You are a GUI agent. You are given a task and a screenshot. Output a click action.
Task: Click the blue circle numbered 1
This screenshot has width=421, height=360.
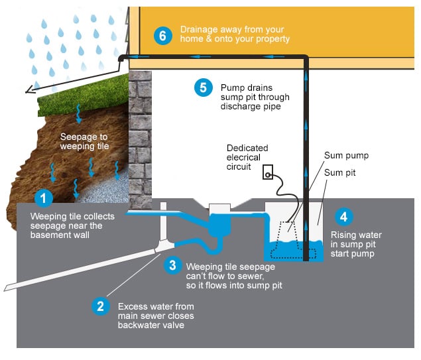(44, 198)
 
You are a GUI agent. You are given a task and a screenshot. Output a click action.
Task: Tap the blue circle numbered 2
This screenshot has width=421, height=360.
(100, 306)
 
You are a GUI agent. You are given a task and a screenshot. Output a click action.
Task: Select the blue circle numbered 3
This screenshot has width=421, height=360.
(172, 265)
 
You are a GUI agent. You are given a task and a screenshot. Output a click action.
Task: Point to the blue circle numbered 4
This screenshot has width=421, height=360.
(343, 217)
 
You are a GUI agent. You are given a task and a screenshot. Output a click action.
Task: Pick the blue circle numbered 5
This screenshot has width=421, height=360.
(204, 88)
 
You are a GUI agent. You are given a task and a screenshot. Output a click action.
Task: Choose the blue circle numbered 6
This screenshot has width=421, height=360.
(163, 35)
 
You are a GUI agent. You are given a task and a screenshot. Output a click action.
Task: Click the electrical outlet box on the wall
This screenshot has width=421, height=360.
(268, 172)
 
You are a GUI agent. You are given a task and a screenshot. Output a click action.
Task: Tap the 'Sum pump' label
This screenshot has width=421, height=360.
(346, 155)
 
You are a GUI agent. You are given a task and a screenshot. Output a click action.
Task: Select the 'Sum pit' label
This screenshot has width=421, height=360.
(339, 172)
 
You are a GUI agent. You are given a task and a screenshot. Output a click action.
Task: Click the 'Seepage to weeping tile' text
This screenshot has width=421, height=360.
(84, 141)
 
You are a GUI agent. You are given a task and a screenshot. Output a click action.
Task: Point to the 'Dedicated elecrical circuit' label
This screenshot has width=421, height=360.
(247, 157)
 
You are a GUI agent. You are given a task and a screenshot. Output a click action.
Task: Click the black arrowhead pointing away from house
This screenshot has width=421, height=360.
(30, 90)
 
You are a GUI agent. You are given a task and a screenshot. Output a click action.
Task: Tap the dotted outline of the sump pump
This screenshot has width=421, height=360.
(293, 240)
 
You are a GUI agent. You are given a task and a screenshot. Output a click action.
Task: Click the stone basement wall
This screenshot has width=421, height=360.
(140, 140)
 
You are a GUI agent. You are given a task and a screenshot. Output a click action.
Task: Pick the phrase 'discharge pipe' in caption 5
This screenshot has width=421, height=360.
(251, 107)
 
